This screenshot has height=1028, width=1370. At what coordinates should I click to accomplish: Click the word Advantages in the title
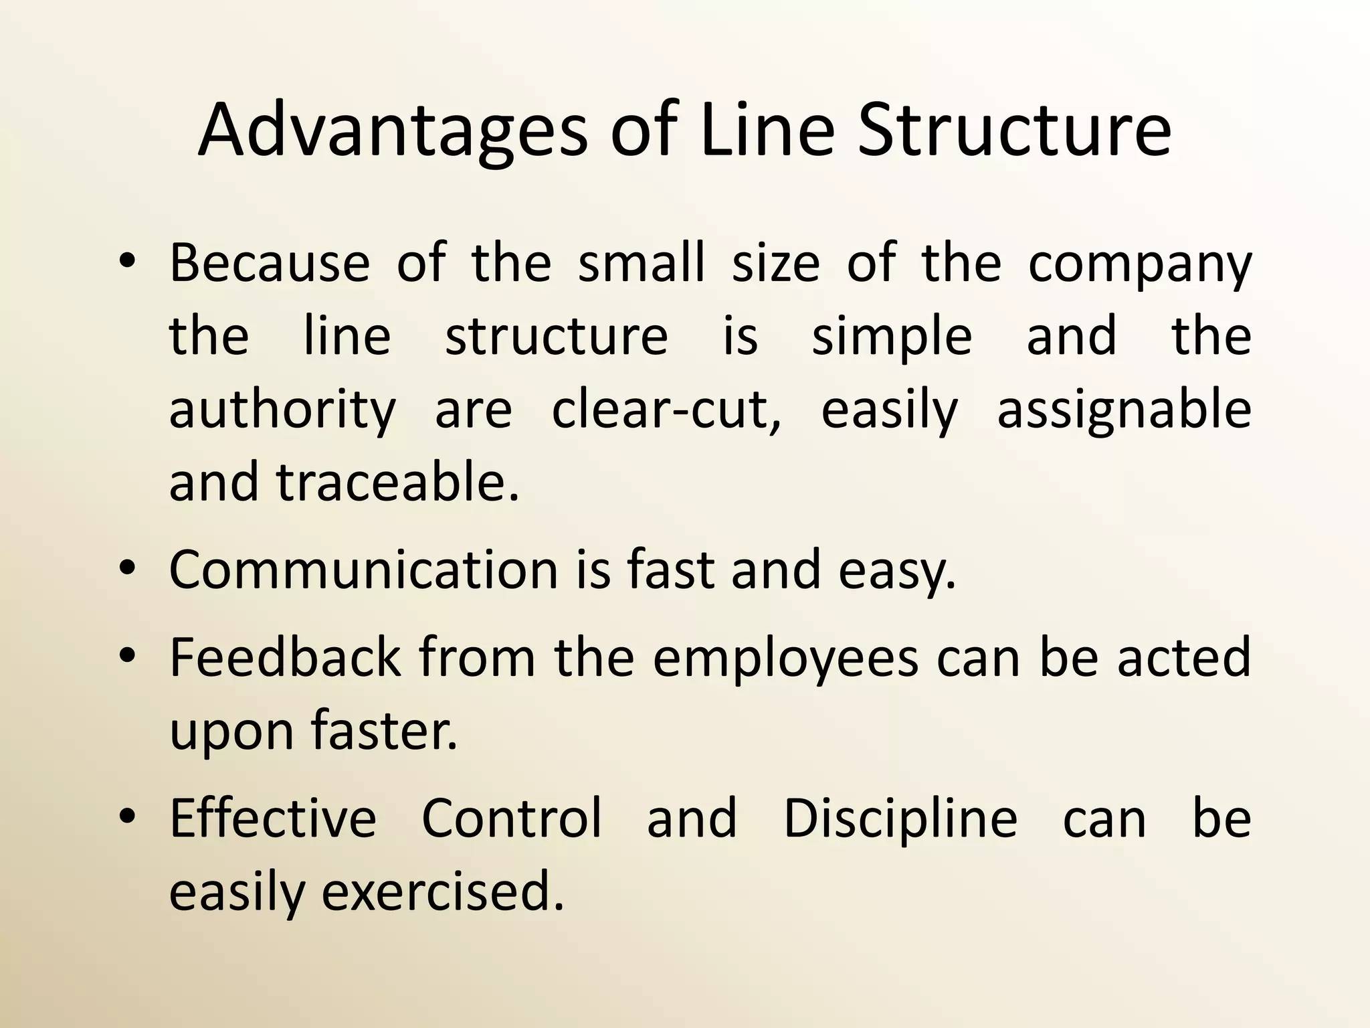point(392,130)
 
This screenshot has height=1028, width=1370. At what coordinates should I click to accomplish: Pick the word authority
point(282,411)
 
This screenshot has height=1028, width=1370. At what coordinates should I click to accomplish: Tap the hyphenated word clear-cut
point(666,410)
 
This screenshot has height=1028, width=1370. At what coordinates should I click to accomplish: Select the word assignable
point(1124,411)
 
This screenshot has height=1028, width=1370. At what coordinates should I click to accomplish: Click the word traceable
point(397,482)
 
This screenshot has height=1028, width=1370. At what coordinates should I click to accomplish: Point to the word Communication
point(363,570)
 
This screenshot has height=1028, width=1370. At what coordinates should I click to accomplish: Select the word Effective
point(273,818)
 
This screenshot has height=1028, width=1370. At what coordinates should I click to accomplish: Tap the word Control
point(512,818)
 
